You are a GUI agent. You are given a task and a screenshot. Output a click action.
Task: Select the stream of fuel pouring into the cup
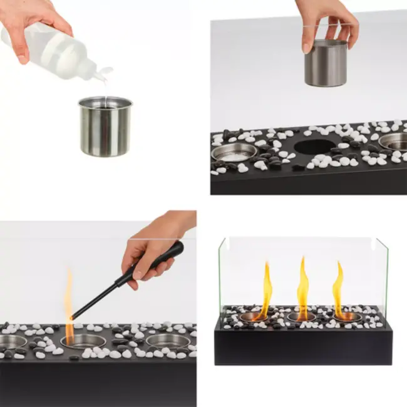tap(105, 91)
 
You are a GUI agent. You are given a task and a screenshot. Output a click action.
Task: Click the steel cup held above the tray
tap(326, 63)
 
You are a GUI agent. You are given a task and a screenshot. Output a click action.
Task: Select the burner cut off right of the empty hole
tap(394, 140)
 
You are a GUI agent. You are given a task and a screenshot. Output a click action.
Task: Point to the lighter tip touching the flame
tap(75, 316)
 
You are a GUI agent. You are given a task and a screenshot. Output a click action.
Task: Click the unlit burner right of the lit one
tap(168, 341)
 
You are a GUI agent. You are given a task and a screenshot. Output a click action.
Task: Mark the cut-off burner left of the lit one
tap(13, 342)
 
